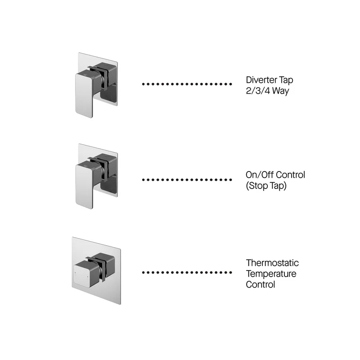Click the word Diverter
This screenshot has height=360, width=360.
pyautogui.click(x=261, y=80)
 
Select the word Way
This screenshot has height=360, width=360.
pyautogui.click(x=281, y=91)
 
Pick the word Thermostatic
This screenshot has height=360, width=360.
pyautogui.click(x=272, y=263)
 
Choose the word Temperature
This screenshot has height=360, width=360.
pyautogui.click(x=271, y=274)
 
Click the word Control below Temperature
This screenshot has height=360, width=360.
pyautogui.click(x=261, y=284)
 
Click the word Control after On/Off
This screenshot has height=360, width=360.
pyautogui.click(x=289, y=175)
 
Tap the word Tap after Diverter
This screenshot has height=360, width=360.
pyautogui.click(x=286, y=80)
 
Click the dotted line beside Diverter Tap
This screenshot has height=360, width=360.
pyautogui.click(x=187, y=84)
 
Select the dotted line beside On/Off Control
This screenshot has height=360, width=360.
pyautogui.click(x=187, y=180)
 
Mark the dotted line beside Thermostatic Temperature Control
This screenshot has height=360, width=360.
pyautogui.click(x=187, y=273)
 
